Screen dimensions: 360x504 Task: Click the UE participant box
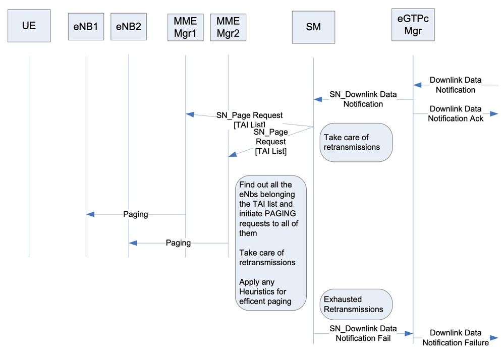coord(29,25)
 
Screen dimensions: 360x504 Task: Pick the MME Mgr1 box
coord(185,27)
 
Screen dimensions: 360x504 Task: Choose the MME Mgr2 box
coord(228,27)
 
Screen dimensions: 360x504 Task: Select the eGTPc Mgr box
coord(413,25)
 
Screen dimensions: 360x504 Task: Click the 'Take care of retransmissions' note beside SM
coord(356,142)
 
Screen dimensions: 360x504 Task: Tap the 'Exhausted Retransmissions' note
coord(356,305)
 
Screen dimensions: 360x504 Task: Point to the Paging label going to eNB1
coord(136,214)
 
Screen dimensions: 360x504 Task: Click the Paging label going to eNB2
coord(178,243)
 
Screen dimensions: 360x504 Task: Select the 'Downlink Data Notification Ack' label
coord(456,113)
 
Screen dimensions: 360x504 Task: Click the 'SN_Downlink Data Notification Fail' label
coord(363,333)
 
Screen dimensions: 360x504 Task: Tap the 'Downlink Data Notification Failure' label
coord(456,338)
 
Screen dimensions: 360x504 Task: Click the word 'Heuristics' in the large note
coord(257,292)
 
